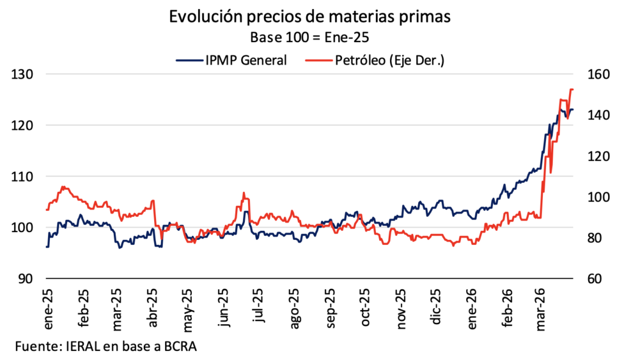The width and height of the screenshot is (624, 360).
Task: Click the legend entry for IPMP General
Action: pos(232,60)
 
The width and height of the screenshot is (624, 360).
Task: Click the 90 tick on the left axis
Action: pos(25,279)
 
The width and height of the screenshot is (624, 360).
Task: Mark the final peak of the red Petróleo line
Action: pos(572,90)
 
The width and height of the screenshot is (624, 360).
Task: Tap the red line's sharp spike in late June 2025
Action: pos(244,193)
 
